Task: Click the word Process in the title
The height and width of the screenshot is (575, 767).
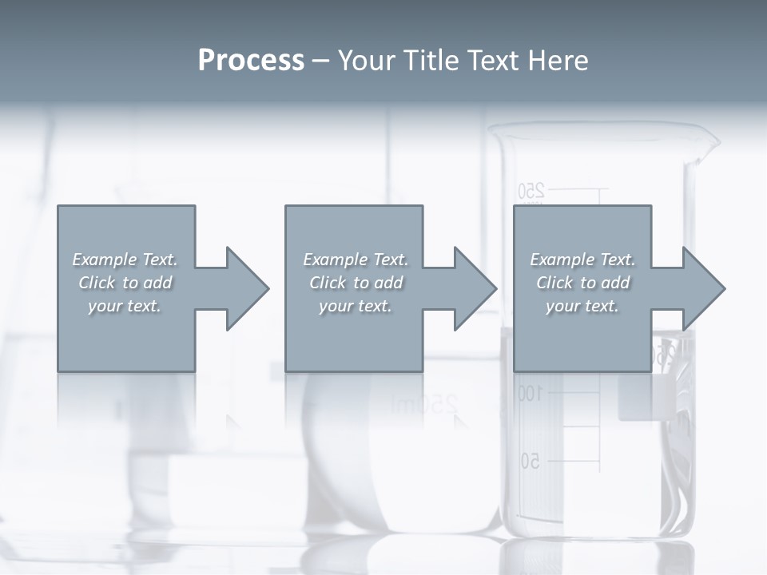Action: click(251, 61)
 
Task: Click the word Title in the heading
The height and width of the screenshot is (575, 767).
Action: click(429, 61)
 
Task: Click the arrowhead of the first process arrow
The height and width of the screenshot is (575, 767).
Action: click(247, 288)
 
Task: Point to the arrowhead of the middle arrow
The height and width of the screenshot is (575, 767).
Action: click(475, 288)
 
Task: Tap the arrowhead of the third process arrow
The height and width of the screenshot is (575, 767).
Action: click(704, 288)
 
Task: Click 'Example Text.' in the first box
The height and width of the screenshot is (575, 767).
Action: click(125, 260)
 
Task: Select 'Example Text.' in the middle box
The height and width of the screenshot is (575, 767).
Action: click(356, 260)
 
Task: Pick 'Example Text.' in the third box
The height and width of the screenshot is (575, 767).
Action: click(582, 260)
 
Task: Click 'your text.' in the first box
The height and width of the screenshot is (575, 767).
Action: click(125, 306)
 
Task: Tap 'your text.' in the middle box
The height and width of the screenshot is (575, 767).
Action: click(356, 306)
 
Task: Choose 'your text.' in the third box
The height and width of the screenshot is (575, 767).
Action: click(582, 306)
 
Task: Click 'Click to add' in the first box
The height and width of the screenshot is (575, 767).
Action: click(125, 283)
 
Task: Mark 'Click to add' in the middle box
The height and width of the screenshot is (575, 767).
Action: click(356, 283)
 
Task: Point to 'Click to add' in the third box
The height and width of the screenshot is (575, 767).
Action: click(582, 283)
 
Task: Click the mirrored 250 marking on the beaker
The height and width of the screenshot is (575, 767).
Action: click(531, 191)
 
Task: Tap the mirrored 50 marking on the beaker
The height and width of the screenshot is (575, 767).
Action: click(531, 461)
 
